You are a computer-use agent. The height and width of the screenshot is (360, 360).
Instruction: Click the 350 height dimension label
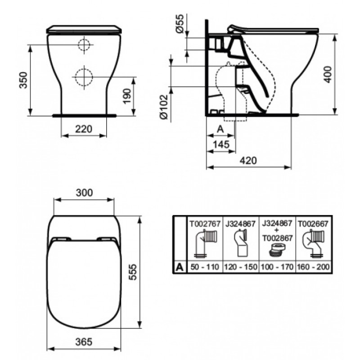pos(23,80)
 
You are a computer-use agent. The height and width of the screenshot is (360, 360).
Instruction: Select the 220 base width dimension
pos(84,129)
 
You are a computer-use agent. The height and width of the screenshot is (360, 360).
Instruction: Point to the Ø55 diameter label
pos(180,23)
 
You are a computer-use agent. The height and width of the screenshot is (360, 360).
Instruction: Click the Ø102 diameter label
pos(164,107)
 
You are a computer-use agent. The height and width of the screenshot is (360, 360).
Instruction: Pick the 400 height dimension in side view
pos(328,74)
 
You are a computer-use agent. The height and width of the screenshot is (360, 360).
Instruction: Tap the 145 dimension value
pos(221,144)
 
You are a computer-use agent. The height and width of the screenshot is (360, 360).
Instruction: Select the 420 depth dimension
pos(248,160)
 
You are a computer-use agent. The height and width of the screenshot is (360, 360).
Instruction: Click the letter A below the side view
pos(220,129)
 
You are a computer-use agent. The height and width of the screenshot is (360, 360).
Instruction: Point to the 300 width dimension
pos(84,193)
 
